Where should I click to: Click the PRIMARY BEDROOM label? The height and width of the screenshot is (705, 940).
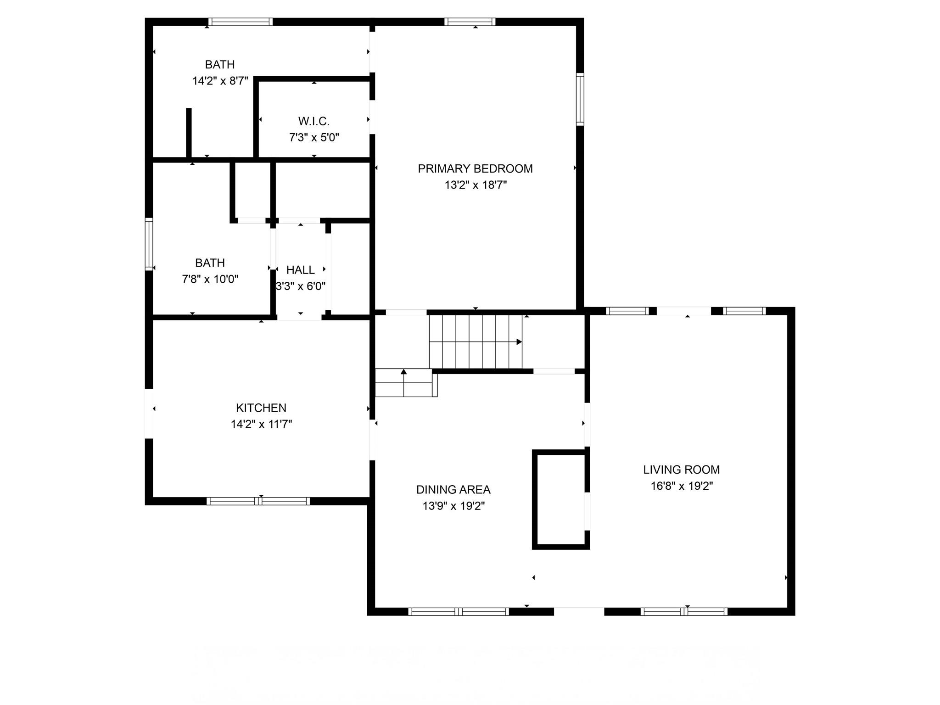475,168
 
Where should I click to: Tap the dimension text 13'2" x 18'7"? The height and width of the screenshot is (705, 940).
476,185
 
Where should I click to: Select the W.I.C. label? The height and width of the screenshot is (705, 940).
314,121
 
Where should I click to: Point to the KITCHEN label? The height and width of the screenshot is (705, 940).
261,408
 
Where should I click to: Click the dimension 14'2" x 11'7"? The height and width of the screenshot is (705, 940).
261,424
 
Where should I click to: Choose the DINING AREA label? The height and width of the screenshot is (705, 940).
453,490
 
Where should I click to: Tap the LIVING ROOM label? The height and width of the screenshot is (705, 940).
681,470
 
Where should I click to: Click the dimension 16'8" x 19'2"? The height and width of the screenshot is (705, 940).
682,486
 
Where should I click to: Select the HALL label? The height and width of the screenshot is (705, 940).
301,270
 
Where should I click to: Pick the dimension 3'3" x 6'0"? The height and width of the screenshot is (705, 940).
301,286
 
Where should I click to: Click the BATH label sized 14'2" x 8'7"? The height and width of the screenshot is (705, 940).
220,64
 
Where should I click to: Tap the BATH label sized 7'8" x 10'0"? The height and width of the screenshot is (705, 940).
210,263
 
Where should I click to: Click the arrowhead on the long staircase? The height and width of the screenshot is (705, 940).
519,342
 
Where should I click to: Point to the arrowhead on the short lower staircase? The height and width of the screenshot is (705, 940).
404,372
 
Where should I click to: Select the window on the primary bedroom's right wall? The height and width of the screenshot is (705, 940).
580,99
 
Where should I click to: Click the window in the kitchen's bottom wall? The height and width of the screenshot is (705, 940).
258,501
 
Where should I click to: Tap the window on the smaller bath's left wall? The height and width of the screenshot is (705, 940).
149,244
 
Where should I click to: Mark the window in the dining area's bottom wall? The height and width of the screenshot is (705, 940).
459,611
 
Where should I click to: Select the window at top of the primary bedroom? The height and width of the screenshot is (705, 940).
470,22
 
